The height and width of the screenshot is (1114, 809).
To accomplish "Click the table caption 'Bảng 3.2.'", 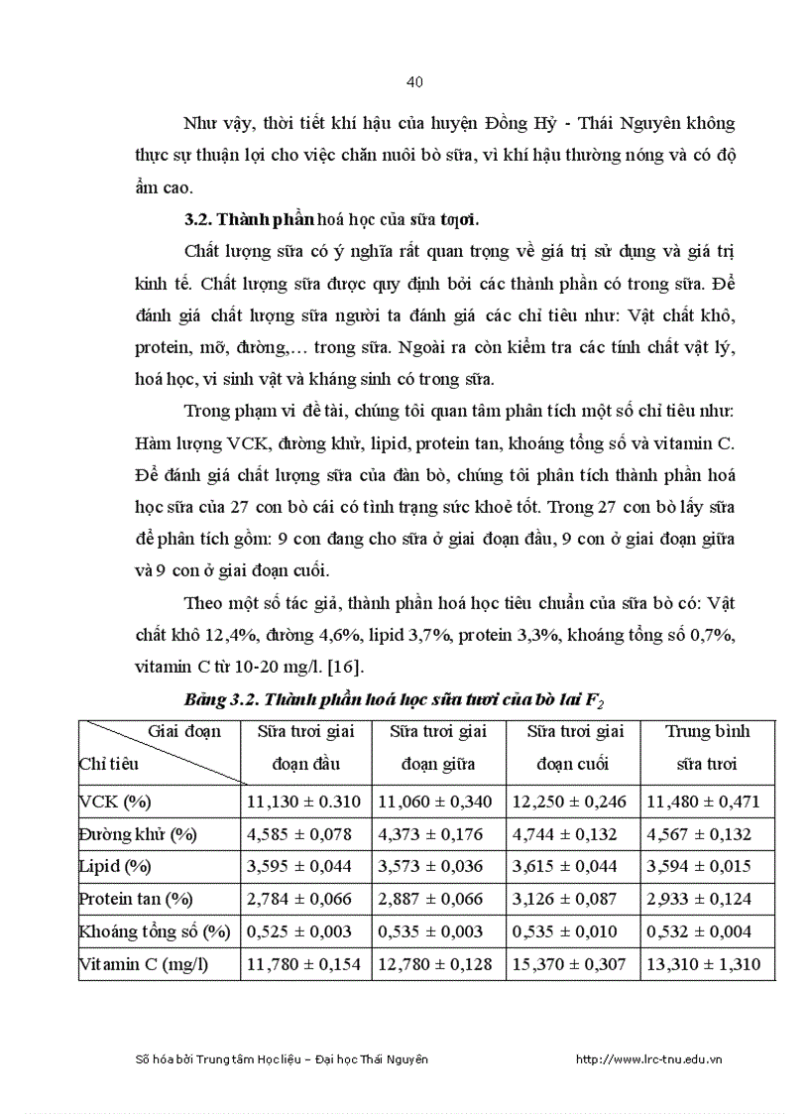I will tap(218, 699).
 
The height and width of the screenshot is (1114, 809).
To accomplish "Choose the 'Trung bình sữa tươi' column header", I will tap(707, 747).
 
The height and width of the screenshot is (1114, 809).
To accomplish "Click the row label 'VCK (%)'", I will tap(115, 802).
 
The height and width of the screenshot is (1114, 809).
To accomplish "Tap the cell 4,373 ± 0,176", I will tap(437, 834).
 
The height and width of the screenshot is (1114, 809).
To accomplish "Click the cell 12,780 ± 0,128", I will tap(437, 963).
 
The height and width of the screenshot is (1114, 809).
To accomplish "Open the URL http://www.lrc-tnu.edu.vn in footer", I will tap(648, 1059).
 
